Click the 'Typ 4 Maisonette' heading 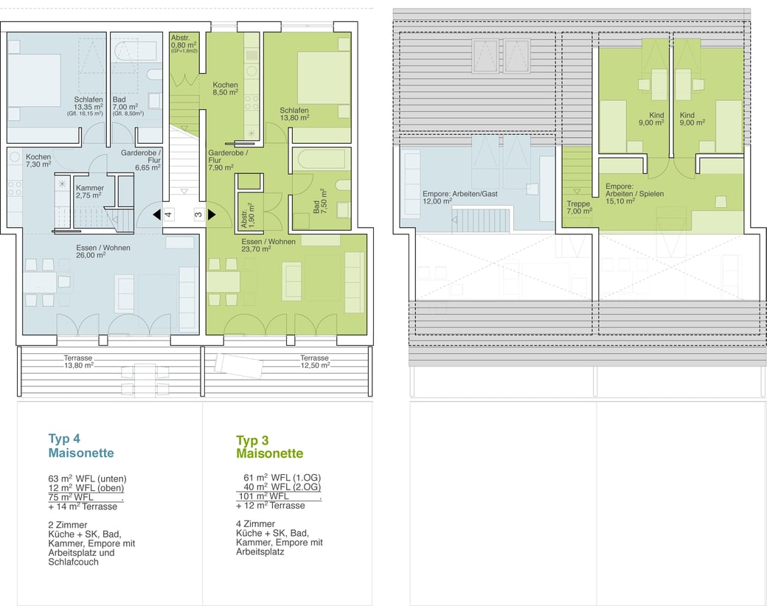[80, 445]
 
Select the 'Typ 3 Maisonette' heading [269, 447]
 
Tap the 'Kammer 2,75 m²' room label [89, 191]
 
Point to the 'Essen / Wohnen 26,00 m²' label [103, 251]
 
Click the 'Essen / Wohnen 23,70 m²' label [268, 245]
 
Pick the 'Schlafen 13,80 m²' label [294, 114]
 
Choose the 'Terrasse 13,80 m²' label [78, 361]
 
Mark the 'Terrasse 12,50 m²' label [314, 361]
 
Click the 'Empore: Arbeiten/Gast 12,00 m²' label [459, 197]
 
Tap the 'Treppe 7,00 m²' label [579, 207]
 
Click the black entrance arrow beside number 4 [156, 215]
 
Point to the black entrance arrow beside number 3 [212, 215]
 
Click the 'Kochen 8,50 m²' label [225, 88]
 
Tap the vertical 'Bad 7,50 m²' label [319, 201]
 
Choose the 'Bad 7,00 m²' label [125, 103]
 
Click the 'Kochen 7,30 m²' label [38, 161]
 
